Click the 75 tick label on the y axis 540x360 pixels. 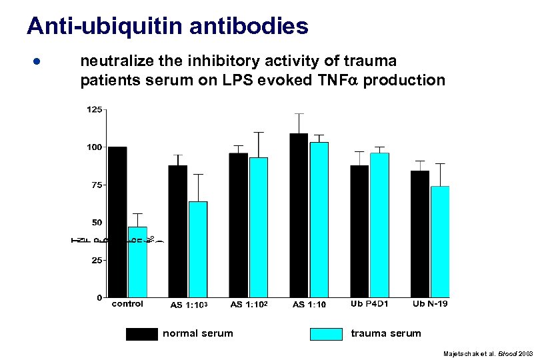point(97,185)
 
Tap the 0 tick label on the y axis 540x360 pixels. point(99,297)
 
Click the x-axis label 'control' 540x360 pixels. point(127,304)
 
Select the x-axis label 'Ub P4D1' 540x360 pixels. point(369,304)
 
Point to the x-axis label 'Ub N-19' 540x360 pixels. point(430,304)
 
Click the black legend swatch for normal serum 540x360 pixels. point(141,333)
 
